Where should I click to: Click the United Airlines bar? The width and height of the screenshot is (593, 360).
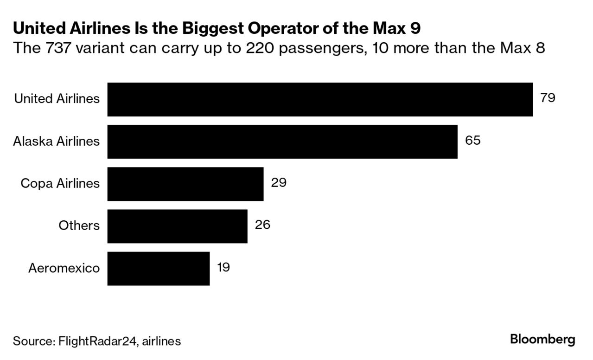click(320, 99)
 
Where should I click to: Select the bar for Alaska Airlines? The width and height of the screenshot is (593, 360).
click(282, 141)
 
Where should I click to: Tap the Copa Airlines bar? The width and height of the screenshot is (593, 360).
click(185, 184)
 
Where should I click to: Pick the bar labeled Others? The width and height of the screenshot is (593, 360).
click(177, 226)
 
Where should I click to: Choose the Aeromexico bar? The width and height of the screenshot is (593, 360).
click(159, 268)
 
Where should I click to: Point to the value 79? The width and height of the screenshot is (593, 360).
click(548, 98)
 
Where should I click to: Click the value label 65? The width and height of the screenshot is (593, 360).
click(472, 140)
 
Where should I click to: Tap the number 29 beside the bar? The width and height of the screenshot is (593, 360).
click(279, 182)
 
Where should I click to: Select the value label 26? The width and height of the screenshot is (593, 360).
click(262, 225)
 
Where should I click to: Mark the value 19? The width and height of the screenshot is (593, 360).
click(223, 267)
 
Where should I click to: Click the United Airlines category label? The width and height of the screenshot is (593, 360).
click(57, 98)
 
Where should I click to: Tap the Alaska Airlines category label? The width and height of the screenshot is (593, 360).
click(56, 141)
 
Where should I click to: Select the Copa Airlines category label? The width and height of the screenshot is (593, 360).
click(60, 183)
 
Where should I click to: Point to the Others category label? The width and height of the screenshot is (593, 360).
click(79, 225)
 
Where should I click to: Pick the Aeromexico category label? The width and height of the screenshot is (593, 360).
click(64, 268)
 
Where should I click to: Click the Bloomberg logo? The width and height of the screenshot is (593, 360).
click(542, 339)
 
